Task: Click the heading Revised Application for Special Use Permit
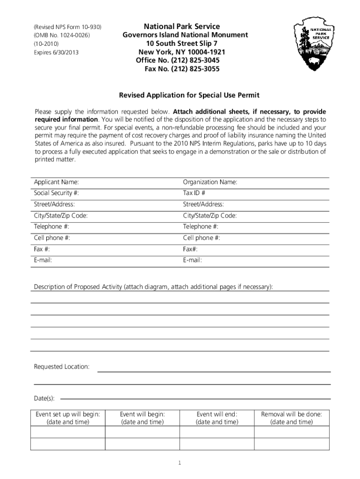click(189, 95)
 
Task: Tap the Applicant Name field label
click(56, 182)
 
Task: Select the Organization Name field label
click(210, 182)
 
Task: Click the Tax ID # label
click(194, 193)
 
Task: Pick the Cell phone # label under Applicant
click(52, 238)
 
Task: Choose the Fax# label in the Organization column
click(190, 249)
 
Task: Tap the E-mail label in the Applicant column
click(43, 261)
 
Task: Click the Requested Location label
click(62, 367)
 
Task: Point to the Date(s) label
click(44, 399)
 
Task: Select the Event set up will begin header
click(68, 414)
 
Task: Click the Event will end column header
click(217, 414)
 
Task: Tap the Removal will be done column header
click(292, 414)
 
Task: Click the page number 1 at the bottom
click(180, 463)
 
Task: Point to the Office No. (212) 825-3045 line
click(178, 61)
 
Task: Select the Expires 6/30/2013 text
click(56, 52)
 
